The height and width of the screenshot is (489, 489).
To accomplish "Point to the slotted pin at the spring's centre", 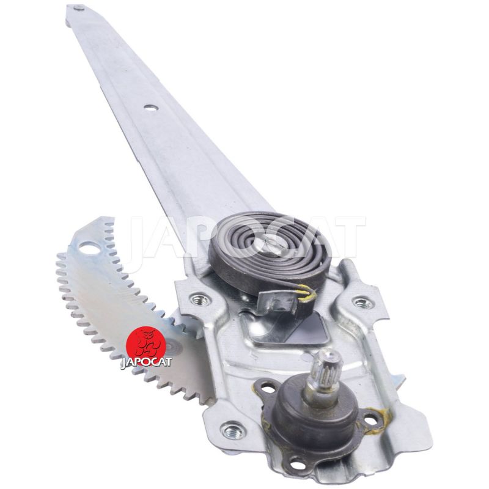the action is point(272,241).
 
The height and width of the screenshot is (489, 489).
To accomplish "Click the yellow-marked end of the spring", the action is point(307,293).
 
